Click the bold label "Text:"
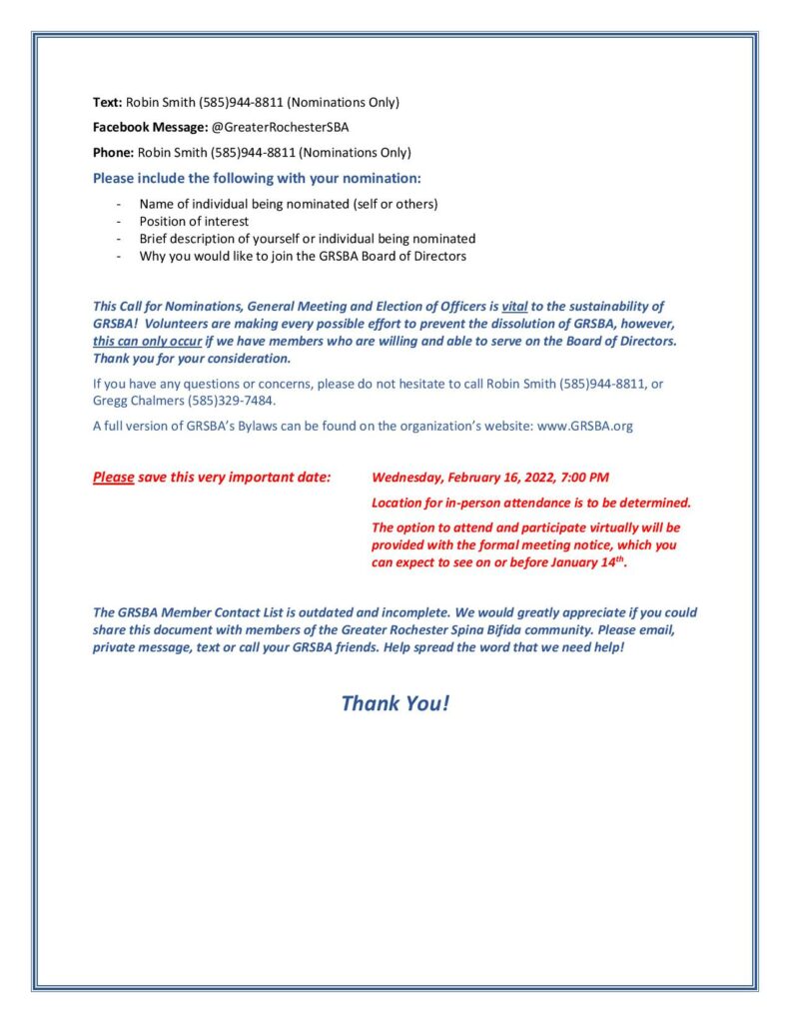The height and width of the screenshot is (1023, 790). click(107, 102)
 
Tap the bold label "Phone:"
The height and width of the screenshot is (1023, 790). click(113, 153)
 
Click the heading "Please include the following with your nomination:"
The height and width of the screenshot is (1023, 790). click(257, 179)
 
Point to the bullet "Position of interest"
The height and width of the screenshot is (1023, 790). click(194, 221)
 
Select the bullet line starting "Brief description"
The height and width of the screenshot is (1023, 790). click(307, 239)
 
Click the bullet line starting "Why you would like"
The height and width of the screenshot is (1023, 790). click(303, 256)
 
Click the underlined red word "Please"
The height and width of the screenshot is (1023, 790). click(113, 478)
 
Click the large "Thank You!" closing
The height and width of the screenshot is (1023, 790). click(395, 703)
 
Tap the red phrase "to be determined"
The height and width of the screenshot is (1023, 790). click(640, 503)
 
